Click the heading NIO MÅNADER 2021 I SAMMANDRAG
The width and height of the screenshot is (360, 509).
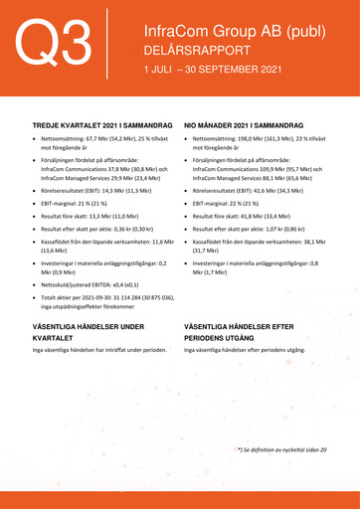coord(250,126)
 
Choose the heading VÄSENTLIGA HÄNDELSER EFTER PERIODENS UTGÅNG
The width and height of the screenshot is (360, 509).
coord(252,331)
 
